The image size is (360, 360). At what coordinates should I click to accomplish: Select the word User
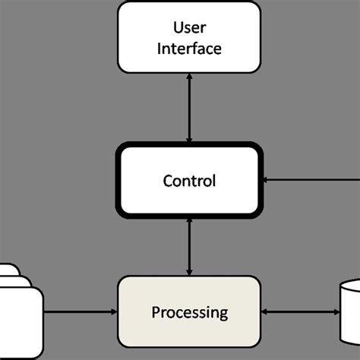point(189,28)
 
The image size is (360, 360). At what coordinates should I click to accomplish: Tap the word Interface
point(189,49)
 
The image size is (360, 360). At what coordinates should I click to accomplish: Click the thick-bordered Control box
point(189,180)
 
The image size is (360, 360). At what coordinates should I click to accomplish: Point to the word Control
point(189,181)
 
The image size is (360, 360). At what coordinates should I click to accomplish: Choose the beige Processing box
point(189,311)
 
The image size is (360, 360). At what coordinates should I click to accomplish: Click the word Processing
point(189,312)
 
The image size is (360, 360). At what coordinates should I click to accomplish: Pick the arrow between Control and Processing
point(189,246)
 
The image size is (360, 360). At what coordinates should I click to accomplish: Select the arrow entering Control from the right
point(311,180)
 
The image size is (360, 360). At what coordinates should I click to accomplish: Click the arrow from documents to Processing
point(80,311)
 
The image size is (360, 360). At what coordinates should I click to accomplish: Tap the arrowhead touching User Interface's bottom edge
point(189,77)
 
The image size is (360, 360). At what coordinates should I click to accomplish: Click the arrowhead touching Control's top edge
point(189,139)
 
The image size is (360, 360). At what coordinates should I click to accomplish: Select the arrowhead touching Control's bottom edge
point(189,221)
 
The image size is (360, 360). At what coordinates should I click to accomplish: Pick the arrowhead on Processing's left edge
point(112,311)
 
